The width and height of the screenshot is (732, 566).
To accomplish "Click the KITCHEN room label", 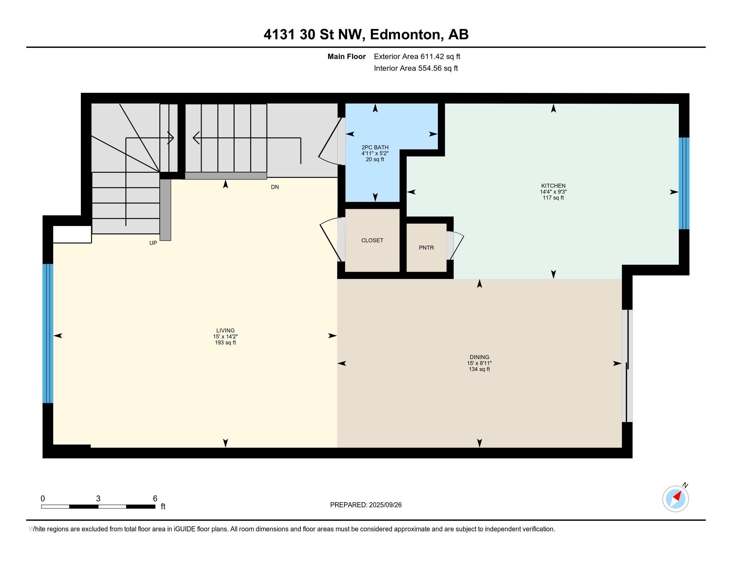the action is click(x=553, y=186).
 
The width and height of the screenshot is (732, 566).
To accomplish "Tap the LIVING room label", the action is click(x=225, y=330).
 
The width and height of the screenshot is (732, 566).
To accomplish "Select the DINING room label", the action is click(x=479, y=357).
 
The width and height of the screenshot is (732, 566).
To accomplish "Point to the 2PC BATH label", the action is click(x=375, y=147).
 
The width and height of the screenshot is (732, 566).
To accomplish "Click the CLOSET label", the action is click(x=372, y=240).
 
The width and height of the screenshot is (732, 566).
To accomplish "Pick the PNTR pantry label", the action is click(x=426, y=248).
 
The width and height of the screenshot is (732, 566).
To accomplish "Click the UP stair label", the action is click(x=153, y=243).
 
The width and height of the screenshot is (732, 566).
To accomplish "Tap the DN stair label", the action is click(x=275, y=187).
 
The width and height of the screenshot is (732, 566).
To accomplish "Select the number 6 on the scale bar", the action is click(x=155, y=499).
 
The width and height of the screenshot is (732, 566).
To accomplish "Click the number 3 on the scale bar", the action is click(x=98, y=499).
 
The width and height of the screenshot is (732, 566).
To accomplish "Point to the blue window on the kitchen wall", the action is click(x=684, y=183).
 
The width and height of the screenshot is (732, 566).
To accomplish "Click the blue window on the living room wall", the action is click(x=48, y=334).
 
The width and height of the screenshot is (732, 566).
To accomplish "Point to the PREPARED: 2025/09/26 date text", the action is click(x=366, y=505).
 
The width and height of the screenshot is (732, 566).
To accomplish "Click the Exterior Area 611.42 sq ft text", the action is click(x=417, y=57).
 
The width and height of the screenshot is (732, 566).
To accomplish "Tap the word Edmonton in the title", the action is click(x=405, y=35).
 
